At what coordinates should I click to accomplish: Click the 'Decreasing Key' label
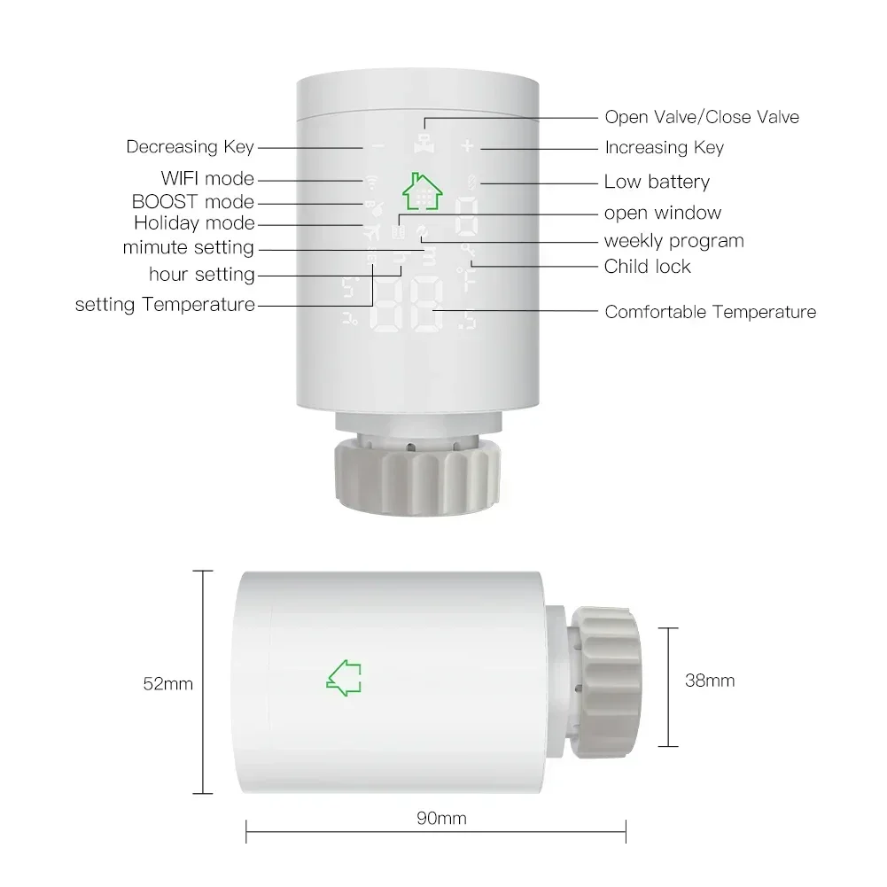[x=190, y=147]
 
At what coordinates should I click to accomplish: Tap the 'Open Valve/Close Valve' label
[x=701, y=117]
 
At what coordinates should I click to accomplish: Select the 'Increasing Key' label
[x=664, y=148]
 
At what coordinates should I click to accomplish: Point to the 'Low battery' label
[x=657, y=183]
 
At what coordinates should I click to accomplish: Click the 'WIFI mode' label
[x=207, y=179]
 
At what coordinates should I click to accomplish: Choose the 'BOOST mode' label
[x=192, y=202]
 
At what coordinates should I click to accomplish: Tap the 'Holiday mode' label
[x=194, y=223]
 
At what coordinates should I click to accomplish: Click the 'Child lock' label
[x=647, y=266]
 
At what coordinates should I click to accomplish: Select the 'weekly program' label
[x=673, y=241]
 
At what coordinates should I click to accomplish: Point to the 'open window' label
[x=662, y=213]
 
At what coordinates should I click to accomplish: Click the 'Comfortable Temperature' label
[x=710, y=312]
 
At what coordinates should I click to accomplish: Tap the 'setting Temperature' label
[x=165, y=305]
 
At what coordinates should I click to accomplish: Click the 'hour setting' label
[x=201, y=275]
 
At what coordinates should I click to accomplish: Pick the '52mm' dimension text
[x=167, y=684]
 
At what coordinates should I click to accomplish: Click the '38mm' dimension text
[x=710, y=681]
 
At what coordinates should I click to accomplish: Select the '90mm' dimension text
[x=440, y=819]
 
